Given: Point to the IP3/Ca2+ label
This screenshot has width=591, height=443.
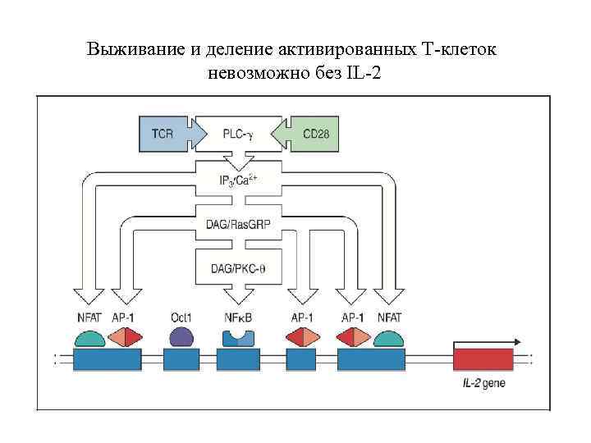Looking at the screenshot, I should [x=238, y=178].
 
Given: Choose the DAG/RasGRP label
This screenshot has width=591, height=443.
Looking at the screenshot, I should [x=238, y=222].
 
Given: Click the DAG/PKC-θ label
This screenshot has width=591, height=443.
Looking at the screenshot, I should [x=238, y=267].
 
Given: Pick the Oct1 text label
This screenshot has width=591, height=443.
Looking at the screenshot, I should [x=181, y=317].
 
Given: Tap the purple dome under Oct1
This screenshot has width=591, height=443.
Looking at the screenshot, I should [x=181, y=336].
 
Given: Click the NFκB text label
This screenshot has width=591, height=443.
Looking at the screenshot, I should [x=239, y=317].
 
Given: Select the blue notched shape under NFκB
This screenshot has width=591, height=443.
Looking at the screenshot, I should [x=239, y=337].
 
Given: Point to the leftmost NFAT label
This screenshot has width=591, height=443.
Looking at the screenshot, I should [x=89, y=317].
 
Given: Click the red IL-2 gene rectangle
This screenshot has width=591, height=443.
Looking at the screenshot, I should [x=483, y=359].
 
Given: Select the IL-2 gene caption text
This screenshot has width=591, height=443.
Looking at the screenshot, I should [x=485, y=382].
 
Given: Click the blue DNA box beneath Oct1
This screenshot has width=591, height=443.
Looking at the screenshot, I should [x=181, y=359].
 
